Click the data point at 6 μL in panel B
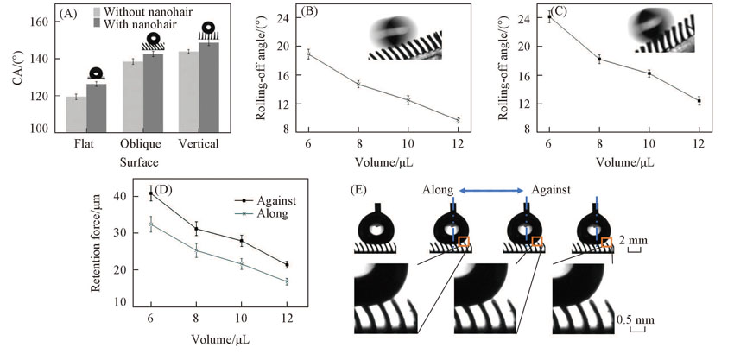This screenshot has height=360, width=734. click(308, 54)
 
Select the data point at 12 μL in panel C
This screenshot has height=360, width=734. click(699, 101)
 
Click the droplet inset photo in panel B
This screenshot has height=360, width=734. click(404, 39)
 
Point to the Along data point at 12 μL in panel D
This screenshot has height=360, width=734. click(287, 281)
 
